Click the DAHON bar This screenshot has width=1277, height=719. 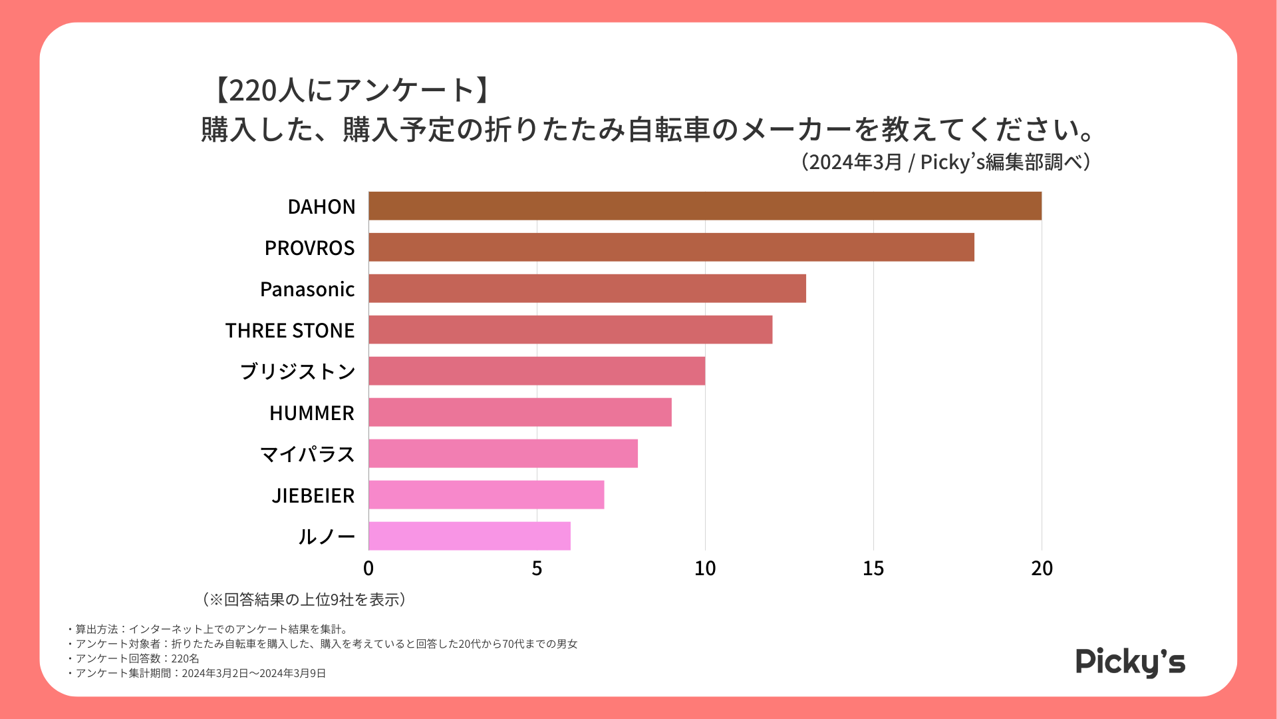pyautogui.click(x=705, y=206)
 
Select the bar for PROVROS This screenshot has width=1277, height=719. pyautogui.click(x=671, y=248)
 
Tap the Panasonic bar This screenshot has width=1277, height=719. pyautogui.click(x=587, y=289)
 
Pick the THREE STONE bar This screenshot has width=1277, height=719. pyautogui.click(x=571, y=330)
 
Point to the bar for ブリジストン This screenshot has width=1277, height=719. pyautogui.click(x=537, y=371)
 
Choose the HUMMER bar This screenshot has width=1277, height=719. pyautogui.click(x=520, y=413)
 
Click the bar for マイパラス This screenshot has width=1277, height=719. pyautogui.click(x=503, y=454)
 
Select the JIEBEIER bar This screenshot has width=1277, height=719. pyautogui.click(x=486, y=495)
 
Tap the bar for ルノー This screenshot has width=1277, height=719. pyautogui.click(x=470, y=537)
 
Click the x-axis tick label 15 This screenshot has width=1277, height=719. pyautogui.click(x=873, y=569)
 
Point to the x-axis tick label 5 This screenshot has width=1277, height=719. pyautogui.click(x=537, y=569)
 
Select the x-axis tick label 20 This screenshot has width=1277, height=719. pyautogui.click(x=1042, y=569)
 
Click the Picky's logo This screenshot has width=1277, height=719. pyautogui.click(x=1130, y=662)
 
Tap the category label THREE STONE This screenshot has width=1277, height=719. pyautogui.click(x=290, y=331)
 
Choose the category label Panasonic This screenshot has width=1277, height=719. pyautogui.click(x=307, y=290)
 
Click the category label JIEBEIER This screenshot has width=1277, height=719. pyautogui.click(x=313, y=496)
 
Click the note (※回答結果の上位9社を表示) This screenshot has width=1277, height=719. pyautogui.click(x=305, y=600)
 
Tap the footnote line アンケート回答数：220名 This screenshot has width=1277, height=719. pyautogui.click(x=136, y=658)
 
